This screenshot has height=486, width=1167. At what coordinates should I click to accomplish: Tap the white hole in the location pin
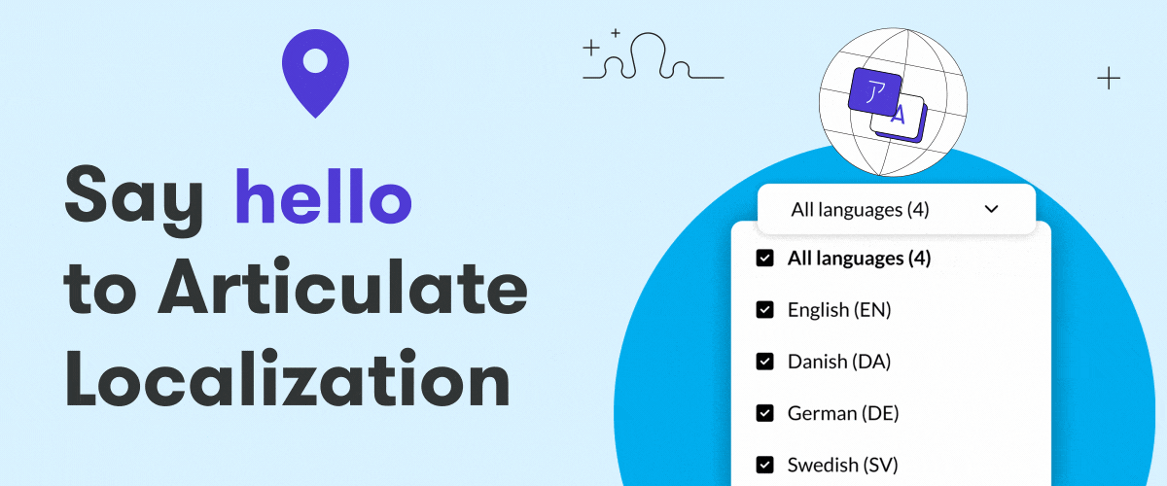pos(315,61)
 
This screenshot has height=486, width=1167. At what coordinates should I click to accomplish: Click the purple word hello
pos(324,196)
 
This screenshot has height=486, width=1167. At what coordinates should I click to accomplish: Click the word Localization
pos(287,378)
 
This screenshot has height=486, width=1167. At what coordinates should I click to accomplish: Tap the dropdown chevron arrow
pos(991,209)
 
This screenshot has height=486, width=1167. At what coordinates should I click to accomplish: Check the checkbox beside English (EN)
pos(764,309)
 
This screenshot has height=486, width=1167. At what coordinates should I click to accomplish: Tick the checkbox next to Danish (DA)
pos(764,361)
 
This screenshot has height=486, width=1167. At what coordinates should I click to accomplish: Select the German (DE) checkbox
pos(764,413)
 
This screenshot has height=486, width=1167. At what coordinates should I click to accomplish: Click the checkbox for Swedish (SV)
pos(764,465)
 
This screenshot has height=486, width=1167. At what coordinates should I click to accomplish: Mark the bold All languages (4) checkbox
pos(764,258)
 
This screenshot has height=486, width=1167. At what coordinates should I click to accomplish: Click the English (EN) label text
pos(839,310)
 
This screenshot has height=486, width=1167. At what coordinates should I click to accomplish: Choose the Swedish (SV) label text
pos(843,466)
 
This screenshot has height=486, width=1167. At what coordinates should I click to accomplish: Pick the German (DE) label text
pos(843,414)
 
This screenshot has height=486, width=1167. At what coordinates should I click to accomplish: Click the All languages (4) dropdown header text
pos(860,210)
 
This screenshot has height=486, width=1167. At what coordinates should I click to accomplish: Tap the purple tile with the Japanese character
pos(875,92)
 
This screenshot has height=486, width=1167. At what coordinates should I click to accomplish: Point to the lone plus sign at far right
pos(1109,78)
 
